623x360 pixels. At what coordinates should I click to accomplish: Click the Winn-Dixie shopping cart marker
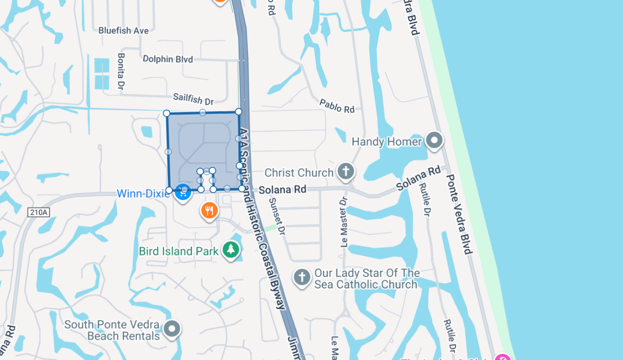point(183,192)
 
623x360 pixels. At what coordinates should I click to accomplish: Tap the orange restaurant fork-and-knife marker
point(209,211)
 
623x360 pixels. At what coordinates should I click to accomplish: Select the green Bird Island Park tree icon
point(231,250)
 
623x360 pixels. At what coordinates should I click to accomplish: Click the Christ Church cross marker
point(346,171)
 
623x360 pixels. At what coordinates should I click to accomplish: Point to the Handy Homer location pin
point(434,141)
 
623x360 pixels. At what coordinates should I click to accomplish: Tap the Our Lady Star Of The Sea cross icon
point(302,278)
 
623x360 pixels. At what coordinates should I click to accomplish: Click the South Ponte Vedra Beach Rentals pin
point(172,329)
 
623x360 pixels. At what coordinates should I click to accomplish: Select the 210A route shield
point(39,212)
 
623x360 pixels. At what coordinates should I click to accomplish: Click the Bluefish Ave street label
point(124,30)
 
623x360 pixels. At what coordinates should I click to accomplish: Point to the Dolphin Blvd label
point(168,59)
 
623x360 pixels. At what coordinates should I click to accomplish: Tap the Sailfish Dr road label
point(193,99)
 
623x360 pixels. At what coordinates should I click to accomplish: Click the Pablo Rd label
point(337,106)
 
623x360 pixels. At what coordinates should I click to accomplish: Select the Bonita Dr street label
point(121,71)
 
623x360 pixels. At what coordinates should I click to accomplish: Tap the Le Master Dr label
point(344,221)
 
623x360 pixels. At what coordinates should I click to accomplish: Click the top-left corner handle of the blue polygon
point(166,113)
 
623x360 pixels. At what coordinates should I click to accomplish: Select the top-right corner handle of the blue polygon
point(238,112)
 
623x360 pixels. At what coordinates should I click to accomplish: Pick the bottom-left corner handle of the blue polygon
point(169,190)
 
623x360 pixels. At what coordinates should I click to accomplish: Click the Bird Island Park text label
point(179,252)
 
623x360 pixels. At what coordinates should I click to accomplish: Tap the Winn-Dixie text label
point(143,194)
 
